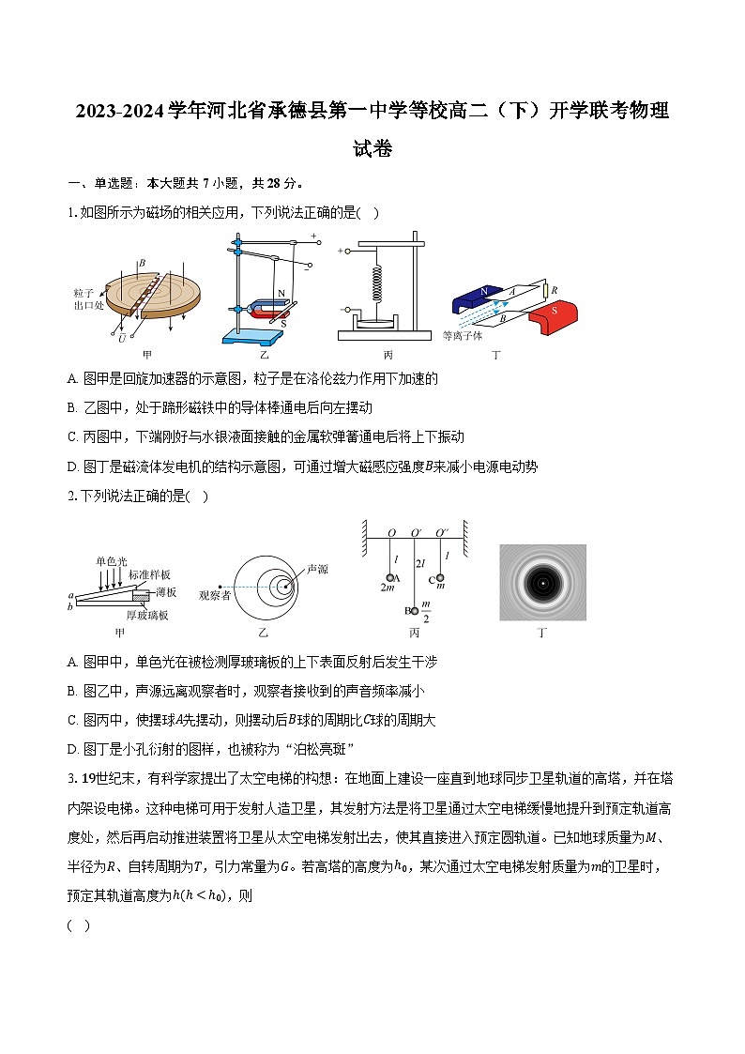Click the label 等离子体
pos(463,335)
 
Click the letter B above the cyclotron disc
pos(142,239)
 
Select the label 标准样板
pos(150,573)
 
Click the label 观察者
pos(215,594)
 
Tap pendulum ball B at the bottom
pos(414,611)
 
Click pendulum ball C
pos(438,577)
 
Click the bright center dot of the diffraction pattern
pos(542,583)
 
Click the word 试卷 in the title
pos(372,148)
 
